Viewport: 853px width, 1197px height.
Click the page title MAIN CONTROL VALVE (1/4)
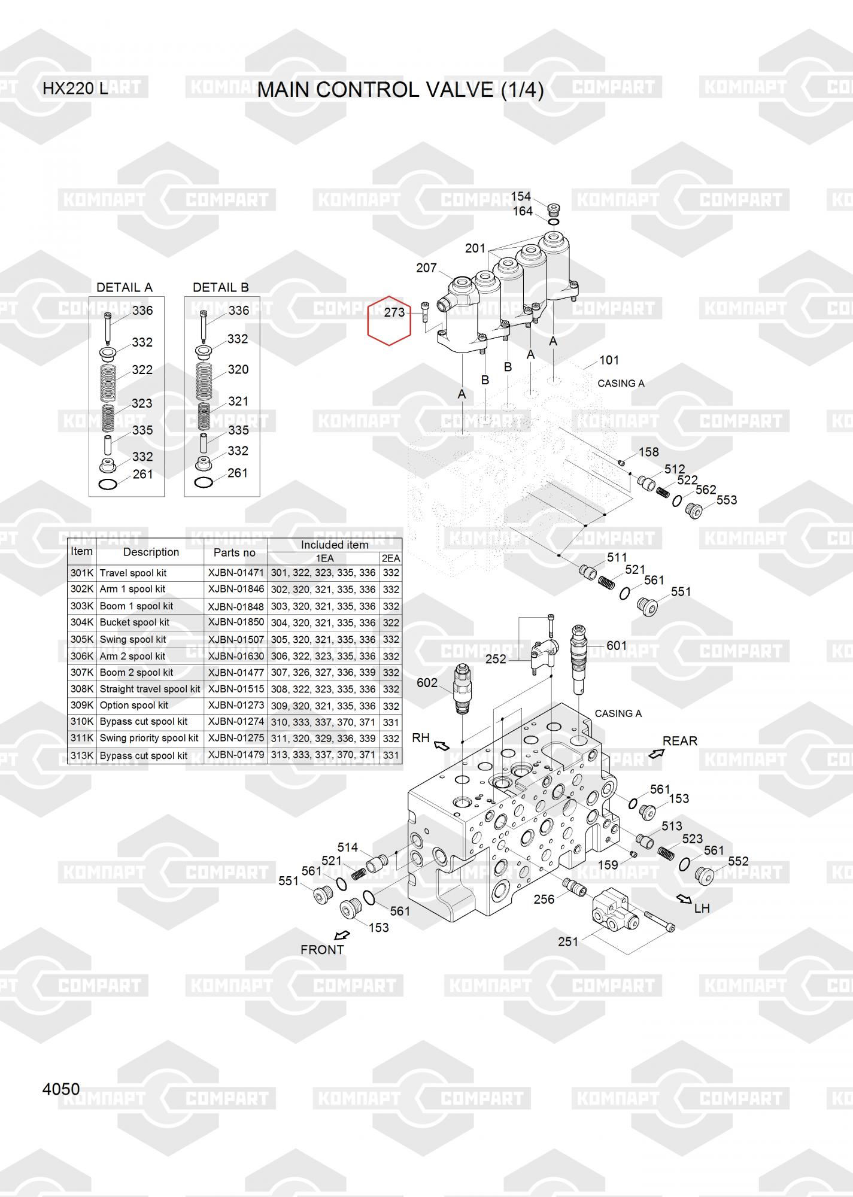pyautogui.click(x=400, y=90)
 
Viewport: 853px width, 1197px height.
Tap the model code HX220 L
pyautogui.click(x=75, y=89)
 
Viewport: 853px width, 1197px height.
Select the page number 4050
pyautogui.click(x=61, y=1089)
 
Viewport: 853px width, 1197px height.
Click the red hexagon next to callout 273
pyautogui.click(x=389, y=321)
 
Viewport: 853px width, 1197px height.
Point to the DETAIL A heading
pyautogui.click(x=125, y=287)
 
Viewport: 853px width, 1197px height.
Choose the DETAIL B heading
pyautogui.click(x=221, y=287)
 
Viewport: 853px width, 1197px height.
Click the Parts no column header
pyautogui.click(x=235, y=552)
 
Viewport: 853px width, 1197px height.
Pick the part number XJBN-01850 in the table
pyautogui.click(x=236, y=622)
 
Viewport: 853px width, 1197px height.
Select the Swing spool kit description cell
pyautogui.click(x=133, y=639)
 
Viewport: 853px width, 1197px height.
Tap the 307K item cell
pyautogui.click(x=82, y=672)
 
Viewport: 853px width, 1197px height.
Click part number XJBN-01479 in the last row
pyautogui.click(x=236, y=755)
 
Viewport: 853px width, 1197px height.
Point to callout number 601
pyautogui.click(x=617, y=646)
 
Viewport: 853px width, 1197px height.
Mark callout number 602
pyautogui.click(x=427, y=683)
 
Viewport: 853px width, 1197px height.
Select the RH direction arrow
pyautogui.click(x=441, y=745)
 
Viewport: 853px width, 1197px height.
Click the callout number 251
pyautogui.click(x=568, y=941)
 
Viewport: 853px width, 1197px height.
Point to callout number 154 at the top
pyautogui.click(x=521, y=197)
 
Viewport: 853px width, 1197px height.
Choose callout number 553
pyautogui.click(x=727, y=500)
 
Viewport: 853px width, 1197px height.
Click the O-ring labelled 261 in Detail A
pyautogui.click(x=108, y=484)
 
